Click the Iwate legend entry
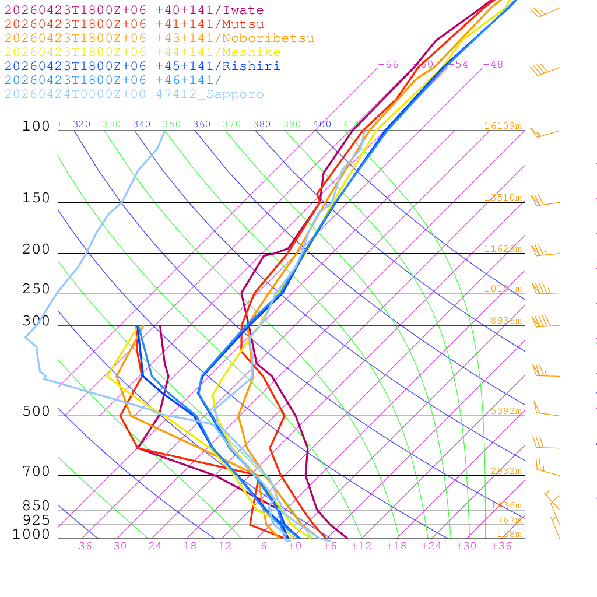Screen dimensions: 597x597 click(134, 10)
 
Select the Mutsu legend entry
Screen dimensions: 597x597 click(134, 24)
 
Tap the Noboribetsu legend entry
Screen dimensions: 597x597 click(159, 38)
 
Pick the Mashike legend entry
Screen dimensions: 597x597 click(143, 52)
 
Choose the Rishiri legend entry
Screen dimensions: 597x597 click(142, 66)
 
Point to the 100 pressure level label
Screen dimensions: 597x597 click(36, 126)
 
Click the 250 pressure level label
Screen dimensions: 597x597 click(36, 289)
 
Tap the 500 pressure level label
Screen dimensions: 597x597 click(36, 412)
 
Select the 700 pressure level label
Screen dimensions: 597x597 click(36, 471)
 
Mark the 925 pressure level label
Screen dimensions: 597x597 click(36, 520)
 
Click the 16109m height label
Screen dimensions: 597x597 click(503, 126)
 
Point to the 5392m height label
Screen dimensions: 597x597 click(505, 411)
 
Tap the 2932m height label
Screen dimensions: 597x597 click(505, 471)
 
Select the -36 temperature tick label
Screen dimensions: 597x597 click(82, 546)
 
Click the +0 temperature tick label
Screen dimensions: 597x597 click(295, 546)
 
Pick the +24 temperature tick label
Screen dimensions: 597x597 click(431, 546)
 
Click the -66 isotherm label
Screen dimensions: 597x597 click(388, 65)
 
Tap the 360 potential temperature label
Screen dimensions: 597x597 click(202, 124)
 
